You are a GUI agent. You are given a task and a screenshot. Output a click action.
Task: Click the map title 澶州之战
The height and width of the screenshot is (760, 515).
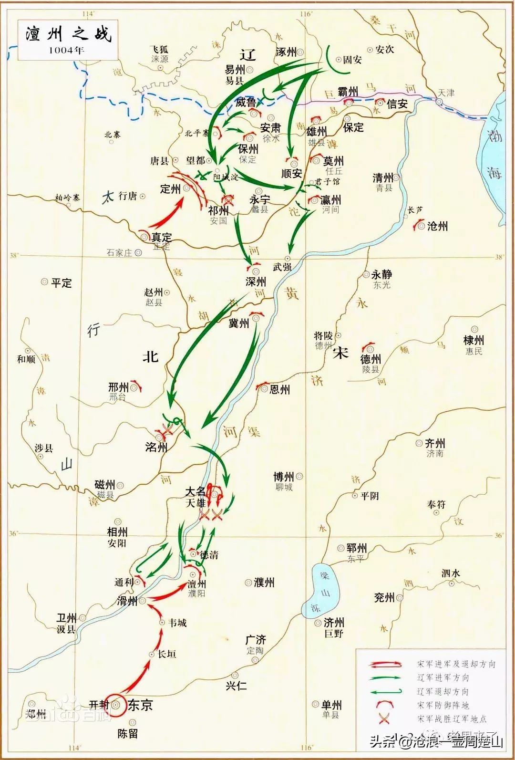pyautogui.click(x=68, y=34)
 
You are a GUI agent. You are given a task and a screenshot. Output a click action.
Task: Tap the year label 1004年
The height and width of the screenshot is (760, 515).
pyautogui.click(x=66, y=50)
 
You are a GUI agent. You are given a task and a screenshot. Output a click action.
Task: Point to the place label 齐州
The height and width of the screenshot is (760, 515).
pyautogui.click(x=434, y=443)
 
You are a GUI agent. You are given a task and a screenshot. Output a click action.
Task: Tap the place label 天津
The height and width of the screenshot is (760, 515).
pyautogui.click(x=447, y=93)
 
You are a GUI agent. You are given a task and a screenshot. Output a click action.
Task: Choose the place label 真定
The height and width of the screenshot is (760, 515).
pyautogui.click(x=161, y=237)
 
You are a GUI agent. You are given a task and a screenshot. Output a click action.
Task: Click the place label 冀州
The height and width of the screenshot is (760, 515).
pyautogui.click(x=239, y=323)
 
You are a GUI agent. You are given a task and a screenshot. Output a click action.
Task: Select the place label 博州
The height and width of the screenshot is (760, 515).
pyautogui.click(x=283, y=477)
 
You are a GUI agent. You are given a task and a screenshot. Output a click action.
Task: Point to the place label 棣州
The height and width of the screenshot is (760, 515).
pyautogui.click(x=474, y=340)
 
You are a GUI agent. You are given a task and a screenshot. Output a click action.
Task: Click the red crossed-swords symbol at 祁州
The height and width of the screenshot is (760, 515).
pyautogui.click(x=227, y=199)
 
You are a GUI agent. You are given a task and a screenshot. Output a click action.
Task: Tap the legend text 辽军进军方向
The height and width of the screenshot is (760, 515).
pyautogui.click(x=443, y=677)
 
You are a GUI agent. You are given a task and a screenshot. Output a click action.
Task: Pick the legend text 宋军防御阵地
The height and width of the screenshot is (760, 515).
pyautogui.click(x=443, y=705)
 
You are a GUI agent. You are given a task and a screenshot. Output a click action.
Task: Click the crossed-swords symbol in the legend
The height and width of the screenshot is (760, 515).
pyautogui.click(x=383, y=718)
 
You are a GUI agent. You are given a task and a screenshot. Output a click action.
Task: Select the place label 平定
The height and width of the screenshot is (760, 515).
pyautogui.click(x=62, y=282)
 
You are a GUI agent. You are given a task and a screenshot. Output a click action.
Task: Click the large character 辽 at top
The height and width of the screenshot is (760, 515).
pyautogui.click(x=247, y=55)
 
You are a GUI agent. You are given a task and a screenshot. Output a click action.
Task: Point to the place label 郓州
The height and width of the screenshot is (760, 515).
pyautogui.click(x=356, y=548)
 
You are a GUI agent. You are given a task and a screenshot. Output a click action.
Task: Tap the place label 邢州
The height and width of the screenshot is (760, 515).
pyautogui.click(x=119, y=387)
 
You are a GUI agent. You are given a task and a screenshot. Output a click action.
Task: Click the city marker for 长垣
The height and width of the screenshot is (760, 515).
pyautogui.click(x=153, y=655)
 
